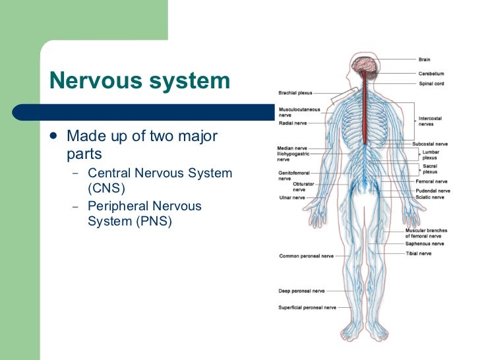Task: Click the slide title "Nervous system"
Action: (140, 81)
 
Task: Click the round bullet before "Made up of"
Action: (54, 138)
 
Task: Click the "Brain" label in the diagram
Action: (425, 60)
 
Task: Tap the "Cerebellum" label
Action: (431, 74)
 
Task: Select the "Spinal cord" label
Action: (431, 84)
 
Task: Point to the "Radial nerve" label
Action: (292, 123)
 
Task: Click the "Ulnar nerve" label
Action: (291, 197)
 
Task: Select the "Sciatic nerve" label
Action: (430, 197)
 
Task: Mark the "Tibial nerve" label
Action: (419, 253)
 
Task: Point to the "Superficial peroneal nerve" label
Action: (307, 307)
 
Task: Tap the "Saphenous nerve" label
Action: (425, 243)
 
